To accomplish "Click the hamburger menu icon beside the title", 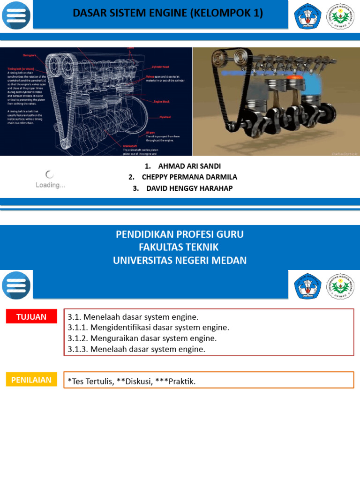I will [16, 15].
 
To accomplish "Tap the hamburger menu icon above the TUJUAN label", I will [16, 285].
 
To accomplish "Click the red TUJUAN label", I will [31, 317].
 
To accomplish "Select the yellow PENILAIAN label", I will [31, 380].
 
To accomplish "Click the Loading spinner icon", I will [50, 174].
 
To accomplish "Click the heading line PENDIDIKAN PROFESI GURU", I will [180, 234].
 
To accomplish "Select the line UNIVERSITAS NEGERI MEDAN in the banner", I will [180, 261].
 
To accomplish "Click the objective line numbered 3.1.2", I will [142, 338].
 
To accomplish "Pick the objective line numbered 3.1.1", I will [148, 327].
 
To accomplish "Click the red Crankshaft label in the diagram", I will [130, 146].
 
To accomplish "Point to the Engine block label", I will [162, 101].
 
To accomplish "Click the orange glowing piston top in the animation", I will [294, 75].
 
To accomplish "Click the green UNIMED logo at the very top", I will [340, 16].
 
